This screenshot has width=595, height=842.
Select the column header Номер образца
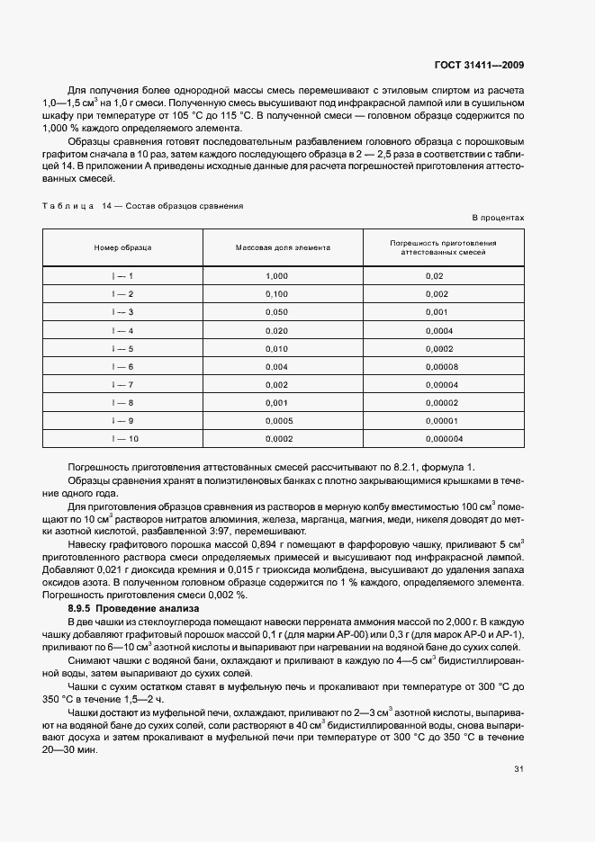pyautogui.click(x=123, y=246)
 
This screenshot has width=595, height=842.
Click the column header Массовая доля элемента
pyautogui.click(x=284, y=246)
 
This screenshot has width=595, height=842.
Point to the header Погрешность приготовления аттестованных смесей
pyautogui.click(x=443, y=246)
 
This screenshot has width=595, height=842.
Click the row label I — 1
pyautogui.click(x=123, y=276)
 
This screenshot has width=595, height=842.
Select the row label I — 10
pyautogui.click(x=123, y=438)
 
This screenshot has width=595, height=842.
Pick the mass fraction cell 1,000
pyautogui.click(x=277, y=276)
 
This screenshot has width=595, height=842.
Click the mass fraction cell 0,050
pyautogui.click(x=277, y=312)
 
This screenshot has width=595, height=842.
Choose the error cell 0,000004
pyautogui.click(x=444, y=438)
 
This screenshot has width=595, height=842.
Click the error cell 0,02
pyautogui.click(x=435, y=276)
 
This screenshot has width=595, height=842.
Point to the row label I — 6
pyautogui.click(x=123, y=366)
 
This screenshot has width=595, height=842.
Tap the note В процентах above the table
pyautogui.click(x=498, y=219)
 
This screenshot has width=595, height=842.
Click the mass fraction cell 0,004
pyautogui.click(x=277, y=366)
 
